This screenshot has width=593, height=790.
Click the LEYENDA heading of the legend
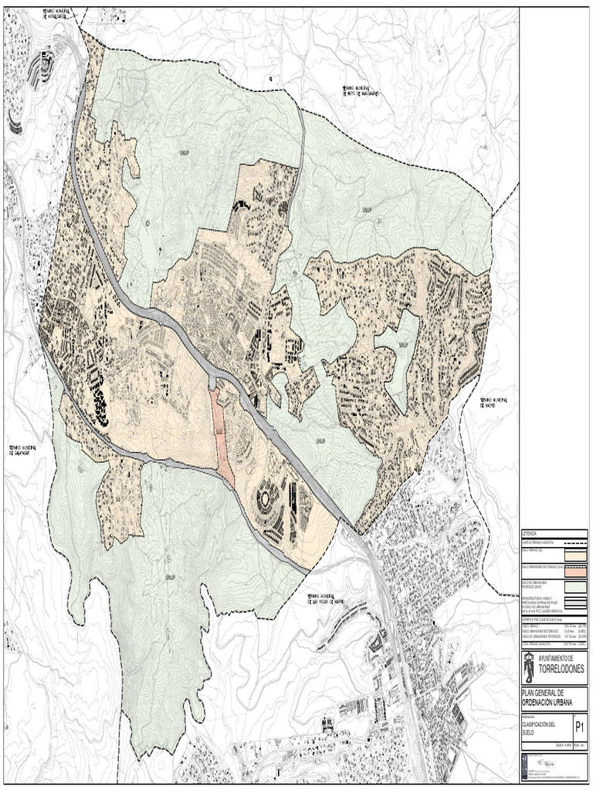point(532,533)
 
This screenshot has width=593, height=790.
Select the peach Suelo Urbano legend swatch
point(575,552)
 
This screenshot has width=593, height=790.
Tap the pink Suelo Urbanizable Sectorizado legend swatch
point(575,571)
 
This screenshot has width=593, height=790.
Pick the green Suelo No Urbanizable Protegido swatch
point(575,586)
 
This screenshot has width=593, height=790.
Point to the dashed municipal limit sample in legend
point(575,542)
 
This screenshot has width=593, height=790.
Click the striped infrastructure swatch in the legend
point(575,603)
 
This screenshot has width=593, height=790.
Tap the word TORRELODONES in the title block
point(561,667)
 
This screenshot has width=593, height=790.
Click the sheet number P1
point(579,727)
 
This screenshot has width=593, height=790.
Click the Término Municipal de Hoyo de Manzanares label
point(359,91)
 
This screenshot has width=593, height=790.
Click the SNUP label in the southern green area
point(170,576)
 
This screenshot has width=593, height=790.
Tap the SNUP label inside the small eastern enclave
point(402,345)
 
